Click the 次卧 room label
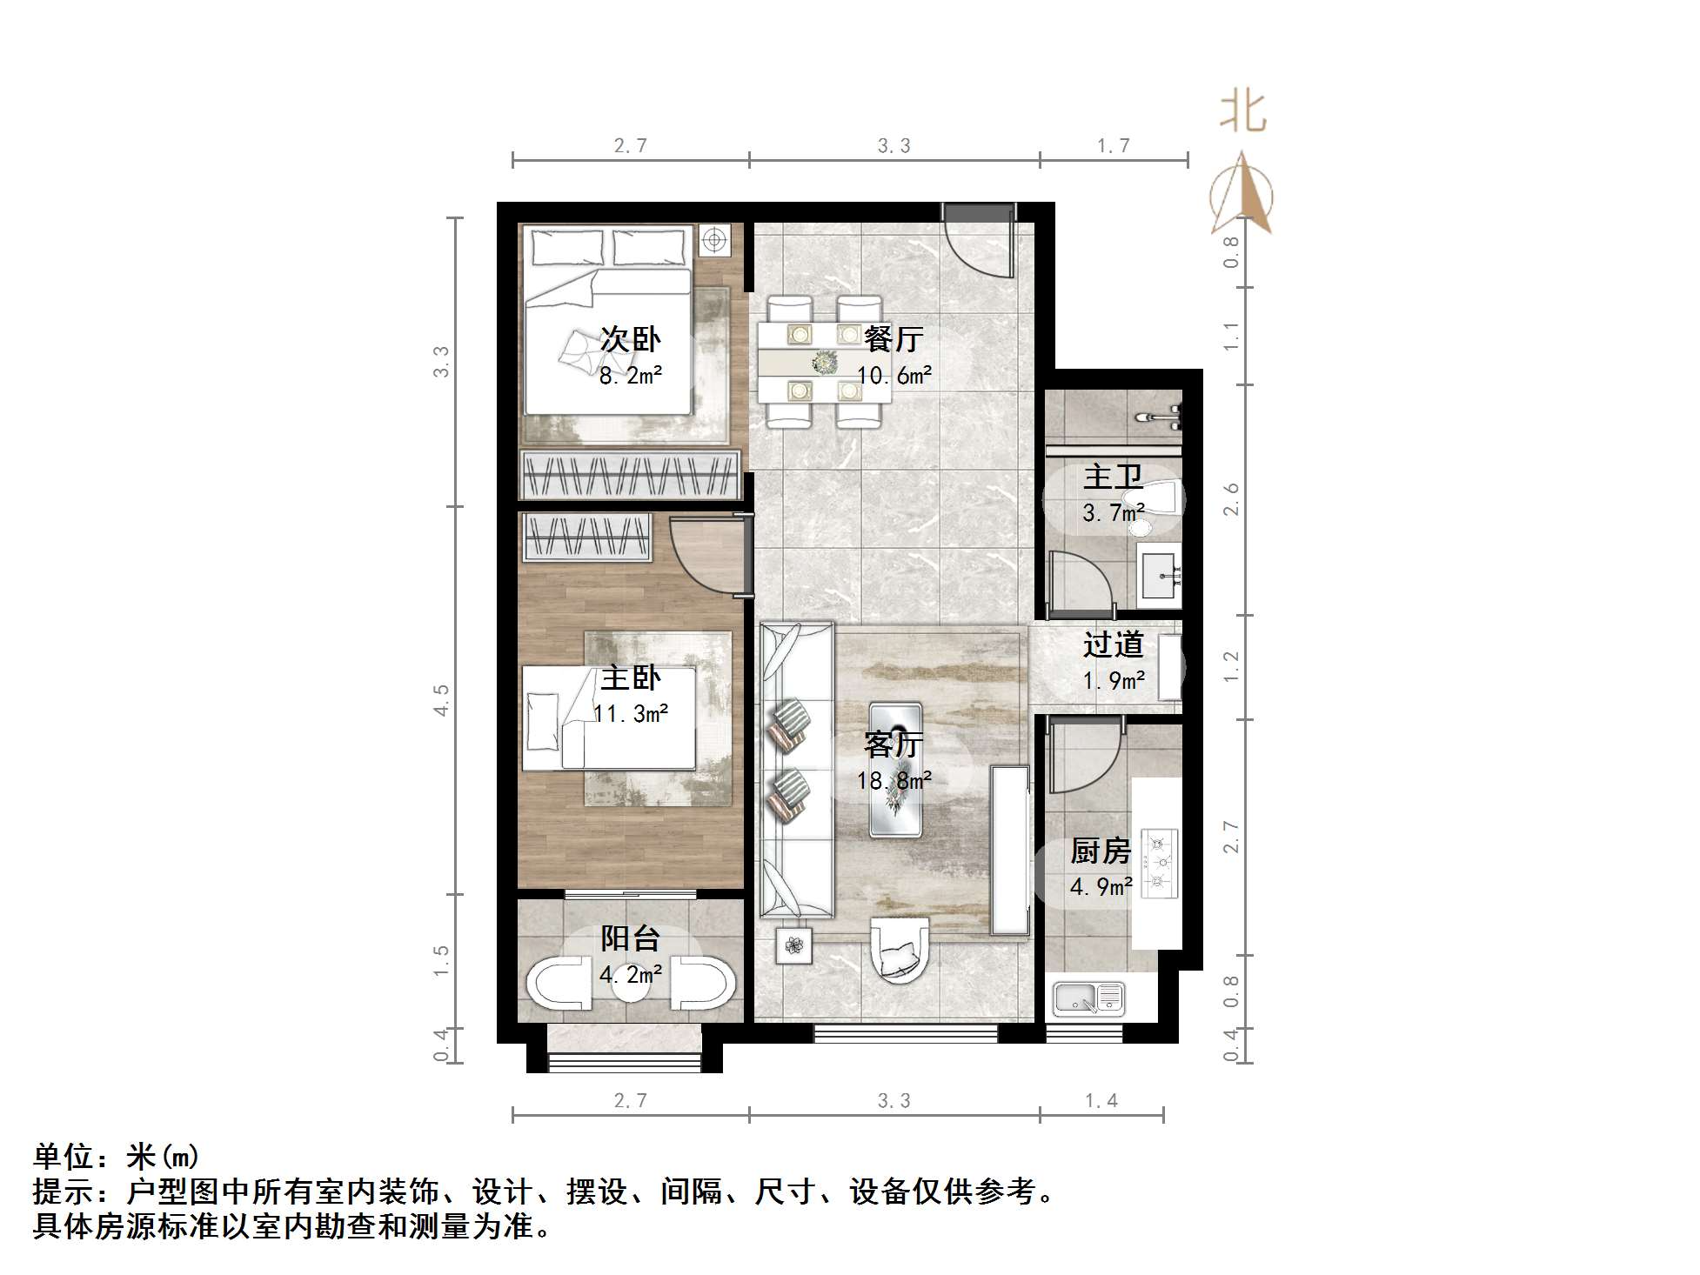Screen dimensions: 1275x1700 point(631,339)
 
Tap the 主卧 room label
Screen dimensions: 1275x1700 point(631,678)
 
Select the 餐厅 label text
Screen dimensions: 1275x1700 point(894,339)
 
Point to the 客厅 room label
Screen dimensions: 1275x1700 point(894,745)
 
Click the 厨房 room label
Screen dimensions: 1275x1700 point(1101,851)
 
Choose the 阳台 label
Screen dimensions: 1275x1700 point(631,938)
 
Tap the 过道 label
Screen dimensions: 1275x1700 point(1113,645)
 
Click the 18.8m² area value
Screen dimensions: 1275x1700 point(894,781)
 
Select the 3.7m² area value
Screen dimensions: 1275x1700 point(1113,513)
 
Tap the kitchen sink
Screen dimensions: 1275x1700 point(1088,999)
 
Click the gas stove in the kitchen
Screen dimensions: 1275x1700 point(1159,863)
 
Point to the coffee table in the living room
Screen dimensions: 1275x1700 point(896,769)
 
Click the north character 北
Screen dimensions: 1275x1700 point(1243,112)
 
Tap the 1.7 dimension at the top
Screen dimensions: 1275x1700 point(1113,146)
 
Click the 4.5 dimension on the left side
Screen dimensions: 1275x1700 point(441,700)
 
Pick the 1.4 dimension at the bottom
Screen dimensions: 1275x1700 point(1101,1101)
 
